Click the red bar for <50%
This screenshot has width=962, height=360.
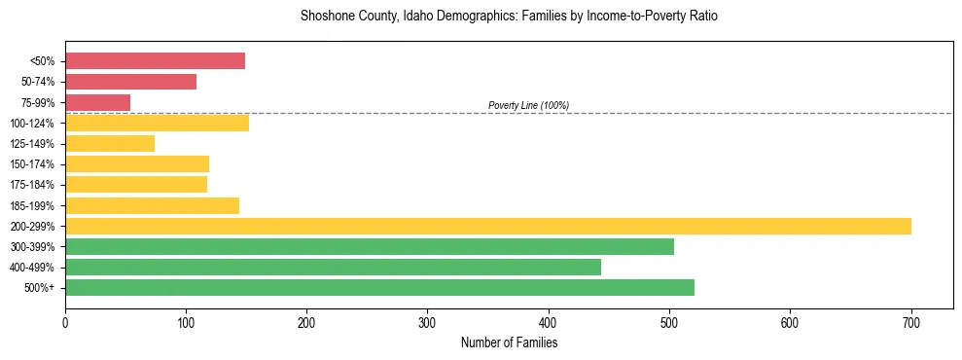coord(155,61)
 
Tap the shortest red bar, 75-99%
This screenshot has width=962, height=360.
coord(97,102)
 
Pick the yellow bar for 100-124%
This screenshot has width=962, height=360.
coord(157,123)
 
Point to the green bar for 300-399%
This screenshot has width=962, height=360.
coord(370,246)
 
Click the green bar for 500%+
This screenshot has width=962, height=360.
coord(379,287)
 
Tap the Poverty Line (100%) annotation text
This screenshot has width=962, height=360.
coord(528,105)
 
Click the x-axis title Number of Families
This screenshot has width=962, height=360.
coord(509,342)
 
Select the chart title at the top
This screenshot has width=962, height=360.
coord(509,17)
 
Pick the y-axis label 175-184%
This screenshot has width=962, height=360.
coord(32,185)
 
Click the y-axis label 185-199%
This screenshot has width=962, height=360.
coord(32,205)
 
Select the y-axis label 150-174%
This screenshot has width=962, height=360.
coord(32,164)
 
